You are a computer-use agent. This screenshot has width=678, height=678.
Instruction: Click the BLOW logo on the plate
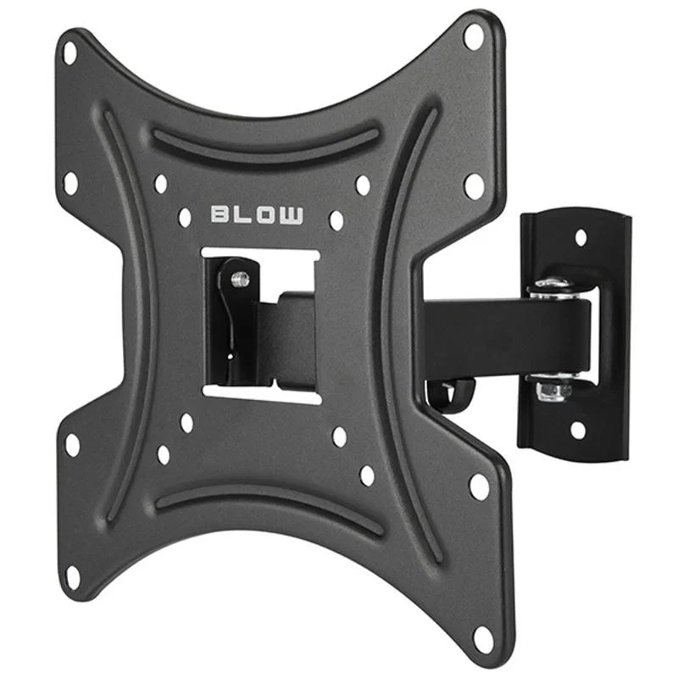click(x=257, y=215)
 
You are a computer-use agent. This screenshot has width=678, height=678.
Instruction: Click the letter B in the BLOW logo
click(x=220, y=214)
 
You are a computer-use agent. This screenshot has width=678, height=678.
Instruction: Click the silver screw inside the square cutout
click(x=240, y=279)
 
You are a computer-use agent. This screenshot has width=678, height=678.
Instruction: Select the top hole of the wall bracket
click(x=581, y=237)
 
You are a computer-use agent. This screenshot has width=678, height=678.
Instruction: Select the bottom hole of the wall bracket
click(x=578, y=430)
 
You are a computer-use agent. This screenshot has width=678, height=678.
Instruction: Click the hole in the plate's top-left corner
click(x=69, y=53)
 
